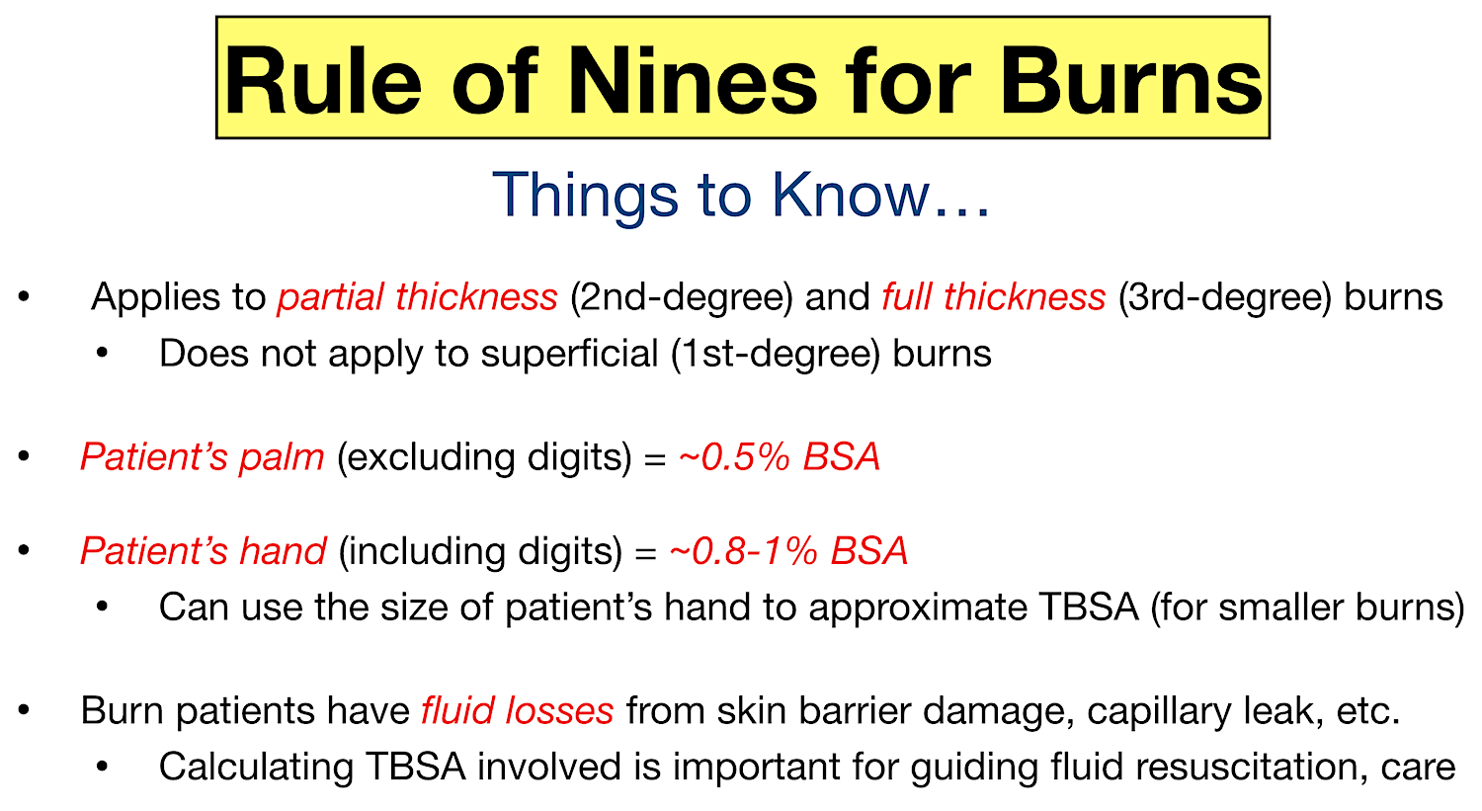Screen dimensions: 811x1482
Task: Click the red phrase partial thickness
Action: pos(417,297)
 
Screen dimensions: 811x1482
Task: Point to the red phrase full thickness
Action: pos(993,297)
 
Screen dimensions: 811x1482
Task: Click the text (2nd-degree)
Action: pos(681,297)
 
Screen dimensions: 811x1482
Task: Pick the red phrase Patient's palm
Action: pos(203,457)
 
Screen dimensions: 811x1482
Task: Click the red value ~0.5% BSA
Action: pos(779,457)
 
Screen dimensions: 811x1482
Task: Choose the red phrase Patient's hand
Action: pos(203,551)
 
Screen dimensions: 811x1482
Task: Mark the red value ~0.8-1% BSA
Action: pos(787,551)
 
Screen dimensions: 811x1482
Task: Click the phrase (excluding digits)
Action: pos(484,457)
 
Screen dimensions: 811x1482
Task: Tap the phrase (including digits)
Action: pos(480,551)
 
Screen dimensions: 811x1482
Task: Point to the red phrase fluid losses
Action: pos(517,711)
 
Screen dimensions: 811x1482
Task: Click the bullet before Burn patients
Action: pos(25,710)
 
